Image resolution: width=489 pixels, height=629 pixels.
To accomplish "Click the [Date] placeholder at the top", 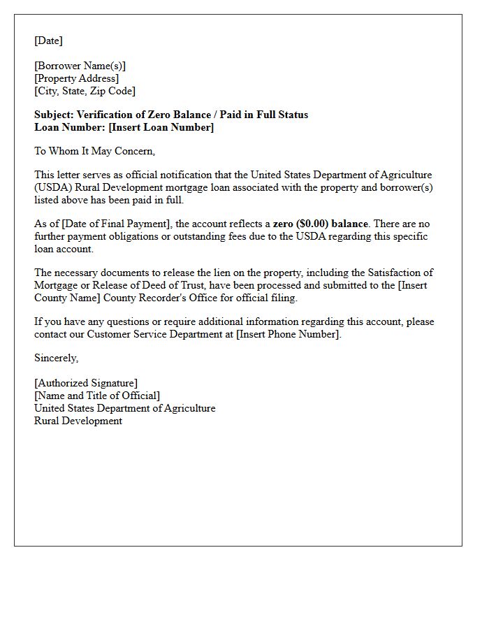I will (x=48, y=41).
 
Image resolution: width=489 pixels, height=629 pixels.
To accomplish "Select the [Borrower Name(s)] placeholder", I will (x=80, y=66).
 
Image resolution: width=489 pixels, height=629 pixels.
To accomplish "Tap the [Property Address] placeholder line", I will (x=76, y=78).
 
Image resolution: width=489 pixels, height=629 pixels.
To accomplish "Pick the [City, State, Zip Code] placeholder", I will (x=85, y=91).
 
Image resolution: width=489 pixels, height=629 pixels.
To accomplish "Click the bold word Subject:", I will (x=54, y=115).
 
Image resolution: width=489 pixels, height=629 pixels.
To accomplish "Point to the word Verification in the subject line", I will (x=103, y=115).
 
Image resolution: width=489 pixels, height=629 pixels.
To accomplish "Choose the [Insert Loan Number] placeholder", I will (x=161, y=127).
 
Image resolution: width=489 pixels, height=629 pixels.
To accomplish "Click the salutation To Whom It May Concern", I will (x=94, y=151).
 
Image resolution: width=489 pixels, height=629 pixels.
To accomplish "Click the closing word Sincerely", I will (x=56, y=358).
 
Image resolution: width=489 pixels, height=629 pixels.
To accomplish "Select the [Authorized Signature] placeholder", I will (x=85, y=383).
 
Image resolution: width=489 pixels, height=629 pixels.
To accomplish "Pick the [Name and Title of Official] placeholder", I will (x=96, y=396).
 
